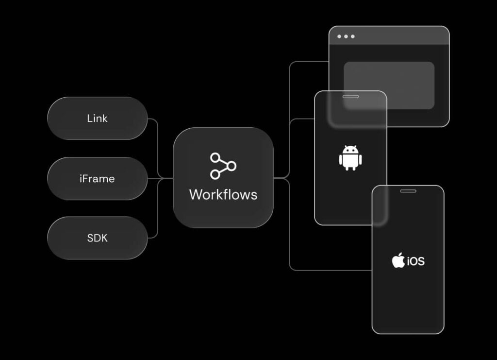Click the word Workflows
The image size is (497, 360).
[x=223, y=195]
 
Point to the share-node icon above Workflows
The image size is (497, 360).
[x=223, y=166]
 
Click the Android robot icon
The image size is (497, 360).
[x=350, y=158]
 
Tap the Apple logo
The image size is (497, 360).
[x=398, y=260]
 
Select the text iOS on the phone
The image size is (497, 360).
[x=416, y=261]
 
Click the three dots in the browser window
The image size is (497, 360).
[x=346, y=36]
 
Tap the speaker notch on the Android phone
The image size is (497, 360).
[x=350, y=97]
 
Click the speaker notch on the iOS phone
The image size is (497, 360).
[x=408, y=191]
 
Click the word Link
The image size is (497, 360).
[x=97, y=119]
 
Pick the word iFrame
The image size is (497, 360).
[x=97, y=178]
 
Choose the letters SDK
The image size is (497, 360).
[x=97, y=238]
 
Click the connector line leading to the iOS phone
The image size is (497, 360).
[x=330, y=270]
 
